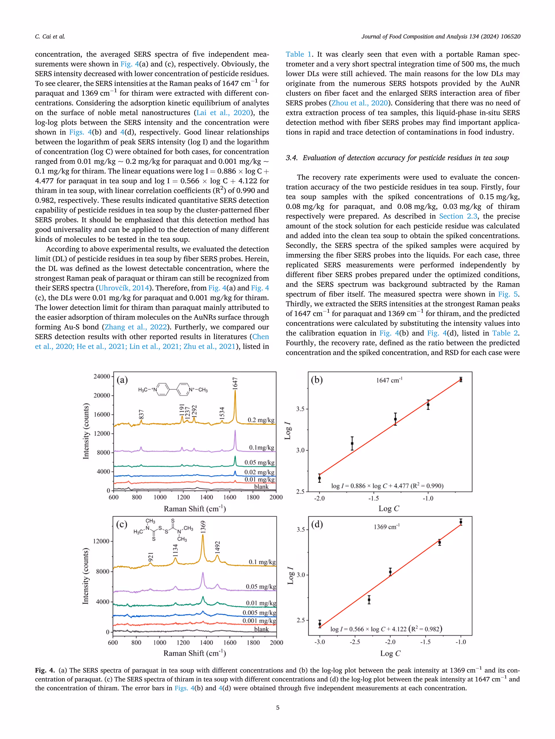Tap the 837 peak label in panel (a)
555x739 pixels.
(141, 414)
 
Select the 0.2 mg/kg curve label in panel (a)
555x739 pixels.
(261, 420)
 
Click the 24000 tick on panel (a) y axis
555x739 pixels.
(101, 376)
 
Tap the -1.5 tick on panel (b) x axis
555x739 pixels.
(374, 498)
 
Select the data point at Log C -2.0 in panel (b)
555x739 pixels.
(319, 478)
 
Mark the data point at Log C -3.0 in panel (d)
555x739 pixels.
(320, 624)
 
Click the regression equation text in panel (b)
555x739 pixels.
(387, 486)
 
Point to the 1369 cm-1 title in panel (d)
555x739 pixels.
(386, 527)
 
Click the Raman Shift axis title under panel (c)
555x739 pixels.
(194, 653)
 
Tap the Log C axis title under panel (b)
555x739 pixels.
(389, 508)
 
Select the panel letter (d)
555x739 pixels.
(317, 524)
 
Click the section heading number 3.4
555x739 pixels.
(291, 158)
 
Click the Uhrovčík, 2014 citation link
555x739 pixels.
(123, 288)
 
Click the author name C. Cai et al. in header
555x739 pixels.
(50, 36)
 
